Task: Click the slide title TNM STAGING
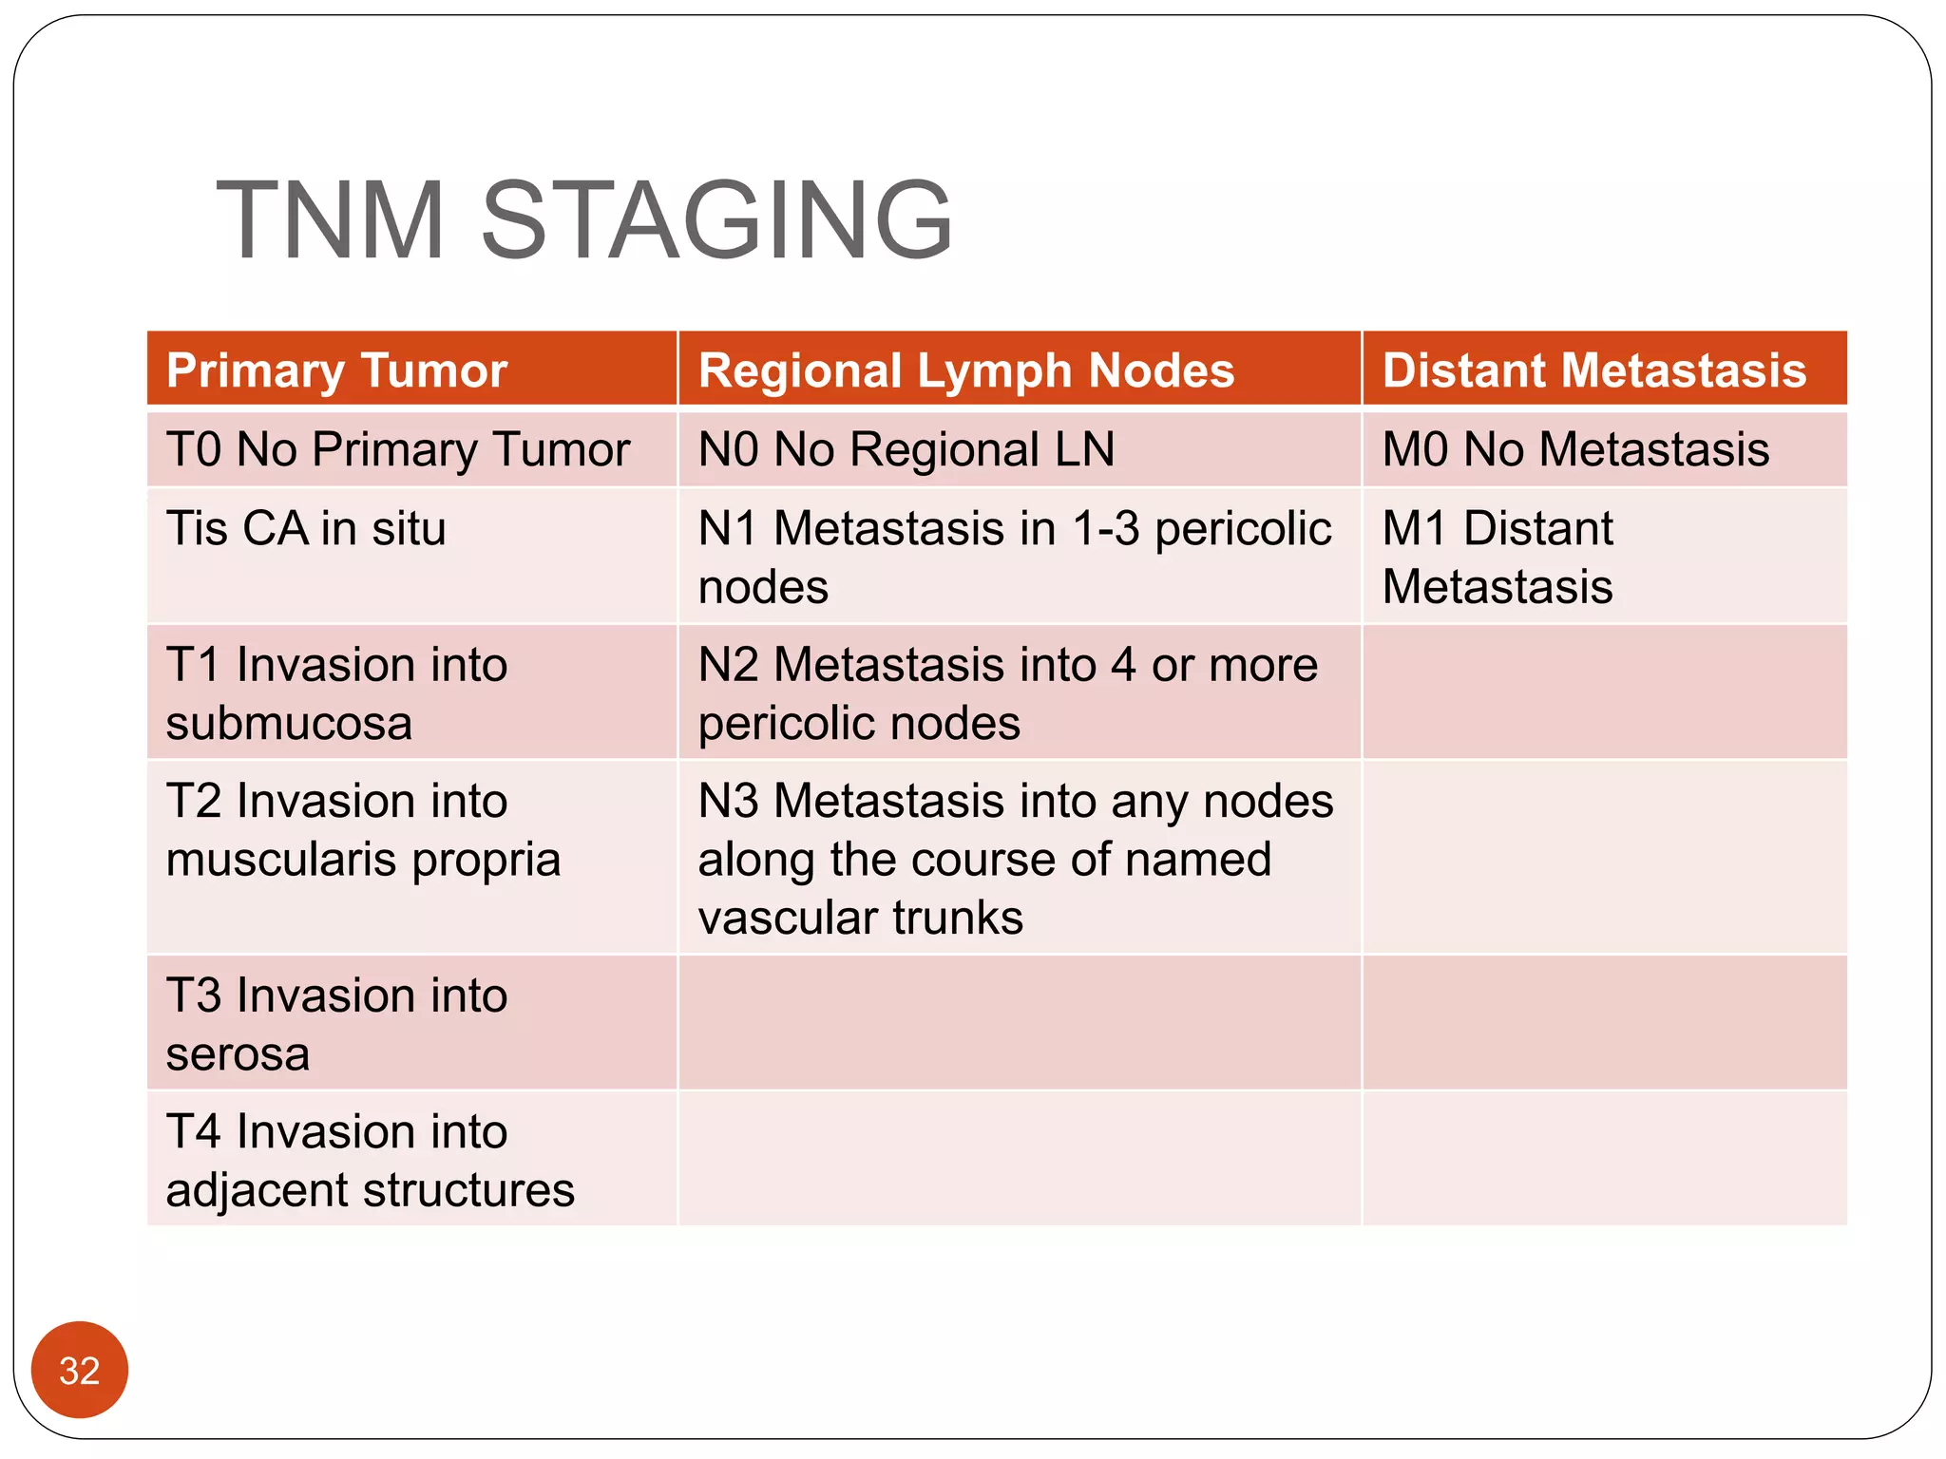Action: click(x=583, y=220)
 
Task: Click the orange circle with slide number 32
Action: click(x=80, y=1370)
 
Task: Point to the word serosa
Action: click(x=238, y=1054)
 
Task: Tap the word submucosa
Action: click(x=289, y=724)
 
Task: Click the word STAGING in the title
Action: click(x=716, y=220)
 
